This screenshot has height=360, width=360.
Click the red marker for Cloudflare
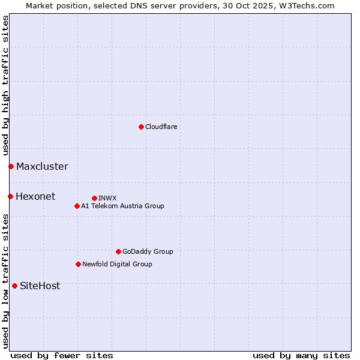pos(141,127)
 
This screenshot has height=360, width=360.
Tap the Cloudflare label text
pos(161,127)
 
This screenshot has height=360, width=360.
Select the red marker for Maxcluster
pos(11,166)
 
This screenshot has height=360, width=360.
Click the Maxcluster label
pos(42,167)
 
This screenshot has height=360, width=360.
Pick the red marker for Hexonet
pos(10,196)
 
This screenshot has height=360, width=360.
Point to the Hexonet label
pos(35,197)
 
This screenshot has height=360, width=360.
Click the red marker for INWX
pos(94,198)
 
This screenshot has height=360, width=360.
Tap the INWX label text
pos(107,198)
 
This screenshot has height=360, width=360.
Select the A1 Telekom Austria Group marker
pos(77,206)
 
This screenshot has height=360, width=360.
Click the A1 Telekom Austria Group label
pos(122,206)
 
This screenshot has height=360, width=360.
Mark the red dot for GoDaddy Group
pos(118,251)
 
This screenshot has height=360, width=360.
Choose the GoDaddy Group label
pos(148,252)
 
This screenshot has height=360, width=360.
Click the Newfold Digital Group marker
pos(78,264)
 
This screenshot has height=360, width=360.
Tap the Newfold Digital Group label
pos(117,265)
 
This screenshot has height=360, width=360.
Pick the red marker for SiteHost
pos(14,286)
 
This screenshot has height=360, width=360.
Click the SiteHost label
pos(40,286)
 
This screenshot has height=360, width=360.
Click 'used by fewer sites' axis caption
pos(62,355)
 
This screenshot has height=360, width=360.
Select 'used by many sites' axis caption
pos(301,355)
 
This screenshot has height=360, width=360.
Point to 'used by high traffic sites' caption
pos(5,85)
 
